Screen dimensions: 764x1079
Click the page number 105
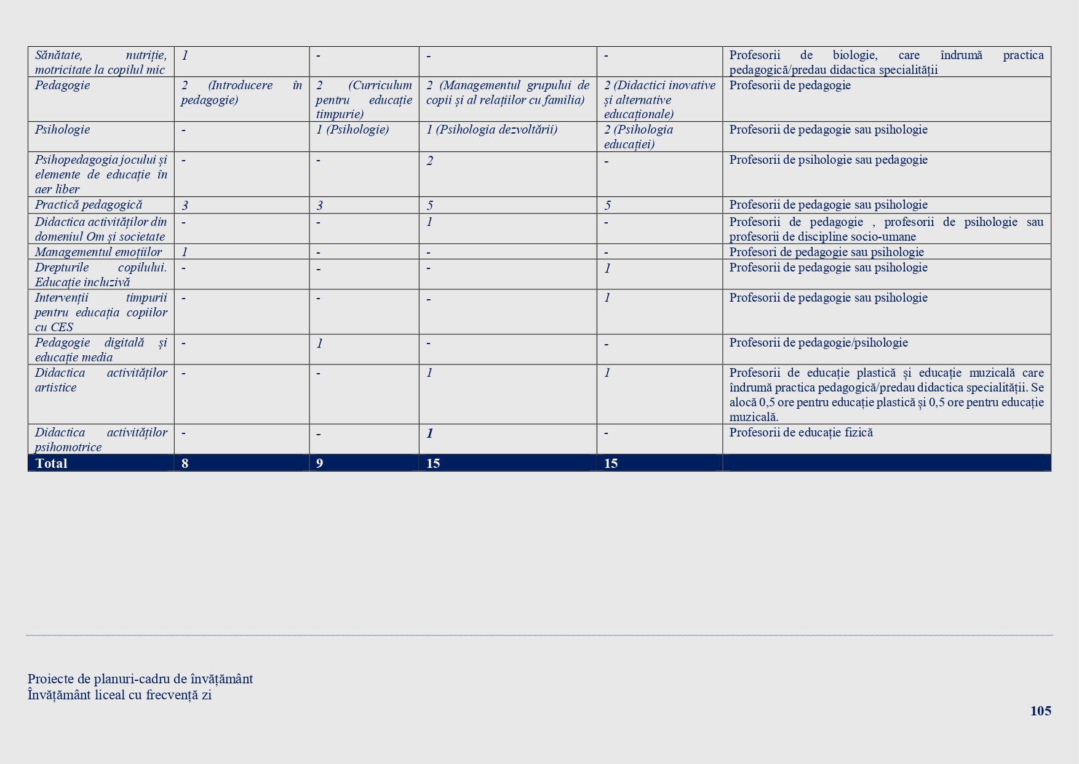1040,711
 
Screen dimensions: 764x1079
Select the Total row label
51,464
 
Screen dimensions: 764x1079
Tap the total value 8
185,464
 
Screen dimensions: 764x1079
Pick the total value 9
319,464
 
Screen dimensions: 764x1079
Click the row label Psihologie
62,130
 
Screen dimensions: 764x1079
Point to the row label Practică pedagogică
88,205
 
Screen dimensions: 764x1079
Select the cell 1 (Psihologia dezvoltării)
492,130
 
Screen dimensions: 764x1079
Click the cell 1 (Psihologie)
352,130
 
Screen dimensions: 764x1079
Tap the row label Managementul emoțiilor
98,252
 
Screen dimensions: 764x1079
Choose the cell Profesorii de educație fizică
801,433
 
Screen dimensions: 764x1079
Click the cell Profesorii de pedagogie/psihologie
818,343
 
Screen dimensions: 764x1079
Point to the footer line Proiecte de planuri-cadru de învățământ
140,679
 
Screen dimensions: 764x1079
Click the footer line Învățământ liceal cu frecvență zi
119,695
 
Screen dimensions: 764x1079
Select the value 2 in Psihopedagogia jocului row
430,161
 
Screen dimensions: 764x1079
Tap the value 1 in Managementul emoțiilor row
185,252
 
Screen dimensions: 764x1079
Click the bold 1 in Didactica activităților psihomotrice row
430,433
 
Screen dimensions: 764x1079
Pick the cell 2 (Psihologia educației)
639,137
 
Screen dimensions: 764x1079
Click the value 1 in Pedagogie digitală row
319,344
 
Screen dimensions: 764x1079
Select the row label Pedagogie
62,86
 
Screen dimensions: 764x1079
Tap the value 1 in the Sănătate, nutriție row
185,55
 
